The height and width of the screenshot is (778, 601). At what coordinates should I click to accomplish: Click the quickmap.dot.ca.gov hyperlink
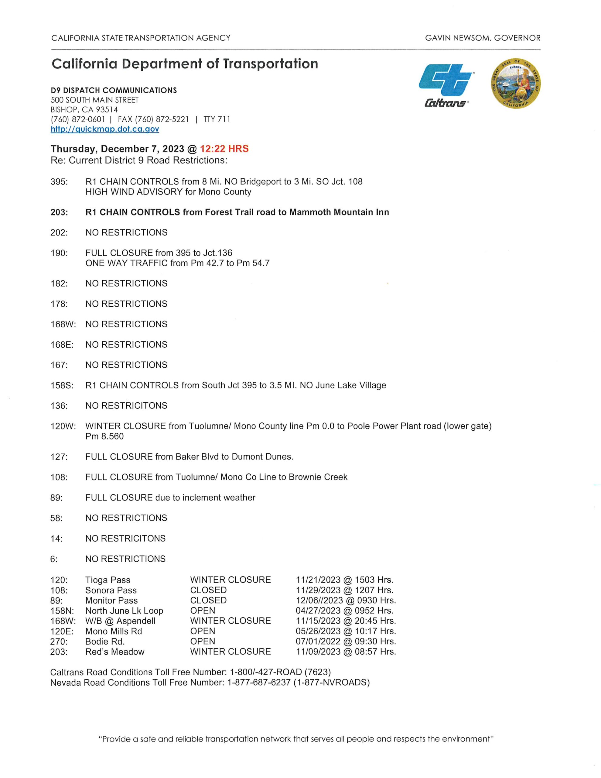(105, 129)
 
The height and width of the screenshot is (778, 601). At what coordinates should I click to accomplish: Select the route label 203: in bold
(59, 212)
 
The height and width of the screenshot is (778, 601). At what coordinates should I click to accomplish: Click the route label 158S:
(62, 385)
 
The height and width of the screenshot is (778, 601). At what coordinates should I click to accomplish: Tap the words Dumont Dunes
(262, 457)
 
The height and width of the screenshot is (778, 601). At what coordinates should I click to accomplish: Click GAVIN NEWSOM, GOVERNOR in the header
(483, 38)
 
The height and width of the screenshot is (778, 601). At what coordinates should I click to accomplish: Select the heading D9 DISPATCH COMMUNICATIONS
(114, 91)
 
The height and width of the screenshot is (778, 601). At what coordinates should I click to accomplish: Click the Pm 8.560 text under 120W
(104, 436)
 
